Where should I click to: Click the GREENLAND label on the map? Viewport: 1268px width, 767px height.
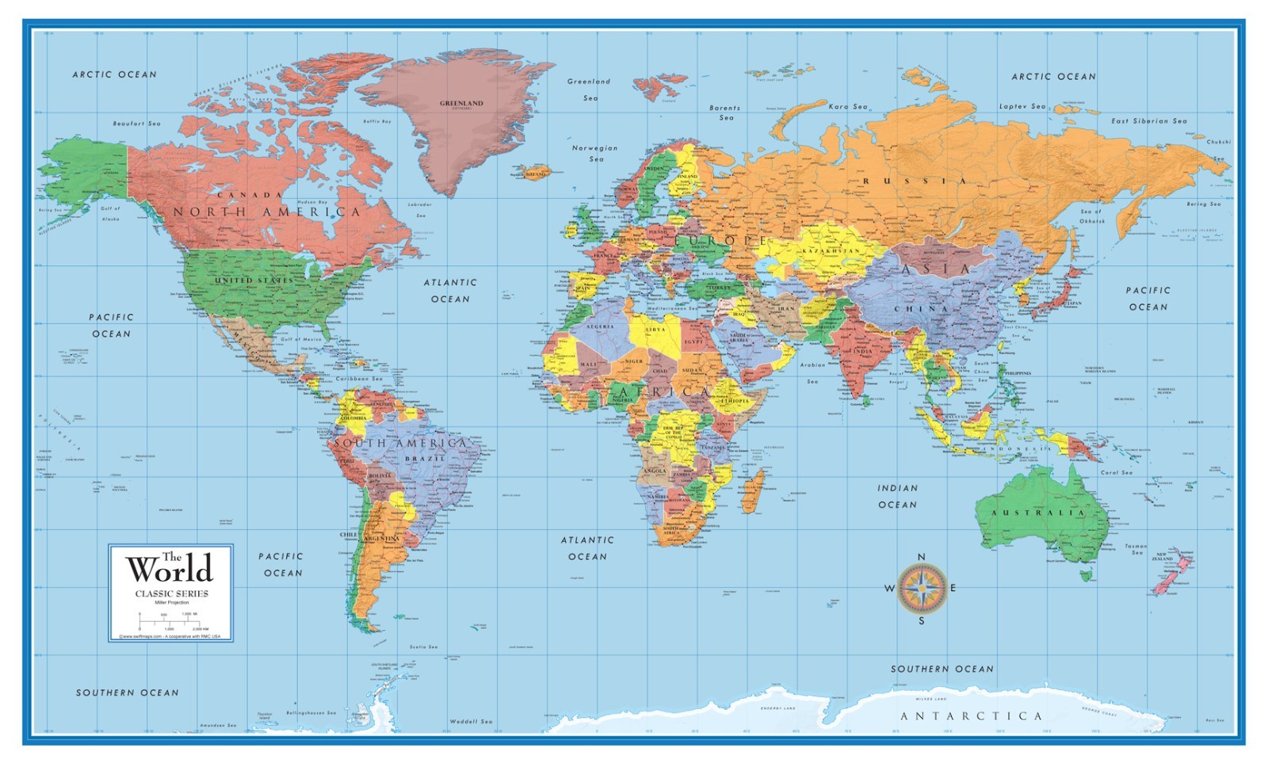tap(461, 104)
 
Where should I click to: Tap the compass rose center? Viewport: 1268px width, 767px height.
tap(922, 589)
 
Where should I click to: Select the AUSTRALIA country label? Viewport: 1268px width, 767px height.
tap(1037, 513)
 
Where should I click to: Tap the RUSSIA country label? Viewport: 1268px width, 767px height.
tap(915, 181)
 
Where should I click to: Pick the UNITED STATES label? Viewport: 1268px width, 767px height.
tap(254, 280)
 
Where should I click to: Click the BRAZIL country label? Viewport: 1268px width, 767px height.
tap(426, 460)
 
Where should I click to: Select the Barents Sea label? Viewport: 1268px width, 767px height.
tap(725, 113)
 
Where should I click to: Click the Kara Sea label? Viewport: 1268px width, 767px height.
tap(848, 106)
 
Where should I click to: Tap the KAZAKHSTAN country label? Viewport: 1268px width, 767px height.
tap(831, 250)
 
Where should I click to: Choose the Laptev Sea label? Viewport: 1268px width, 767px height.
tap(1022, 106)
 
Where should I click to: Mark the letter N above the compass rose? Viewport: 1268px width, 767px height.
tap(921, 558)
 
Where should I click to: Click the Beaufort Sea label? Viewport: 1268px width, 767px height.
tap(136, 124)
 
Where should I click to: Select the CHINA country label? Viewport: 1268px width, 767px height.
tap(922, 309)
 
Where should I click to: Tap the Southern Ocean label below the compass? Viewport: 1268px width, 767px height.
tap(941, 670)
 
